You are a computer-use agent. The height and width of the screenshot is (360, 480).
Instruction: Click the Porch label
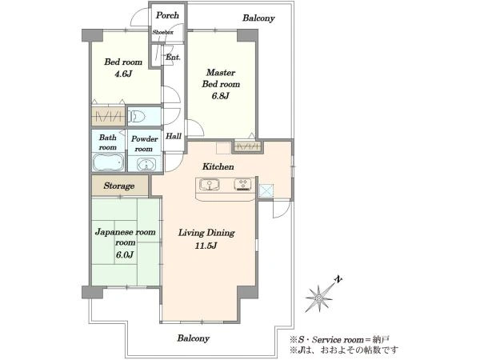click(x=167, y=15)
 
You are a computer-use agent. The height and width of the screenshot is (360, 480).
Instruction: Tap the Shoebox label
click(x=163, y=32)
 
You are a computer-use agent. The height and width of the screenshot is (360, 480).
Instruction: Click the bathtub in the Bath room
click(x=108, y=162)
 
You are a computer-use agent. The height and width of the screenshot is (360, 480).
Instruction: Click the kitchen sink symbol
click(x=210, y=185)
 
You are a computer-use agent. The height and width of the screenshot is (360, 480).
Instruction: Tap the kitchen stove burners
click(x=244, y=184)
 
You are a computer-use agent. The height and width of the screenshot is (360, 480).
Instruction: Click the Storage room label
click(x=119, y=186)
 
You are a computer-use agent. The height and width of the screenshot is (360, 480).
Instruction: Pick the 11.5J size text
click(x=206, y=246)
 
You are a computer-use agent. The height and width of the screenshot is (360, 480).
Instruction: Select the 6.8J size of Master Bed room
click(x=221, y=96)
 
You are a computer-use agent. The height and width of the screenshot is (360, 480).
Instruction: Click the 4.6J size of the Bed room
click(x=122, y=74)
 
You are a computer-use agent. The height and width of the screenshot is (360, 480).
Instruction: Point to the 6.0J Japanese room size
click(x=125, y=254)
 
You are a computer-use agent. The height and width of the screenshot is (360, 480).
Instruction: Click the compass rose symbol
click(x=319, y=298)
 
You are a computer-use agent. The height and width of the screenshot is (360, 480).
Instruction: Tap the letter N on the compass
click(x=338, y=279)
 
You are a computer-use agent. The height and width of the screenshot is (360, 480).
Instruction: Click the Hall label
click(x=174, y=136)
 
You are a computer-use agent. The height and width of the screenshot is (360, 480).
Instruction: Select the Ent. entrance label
click(x=174, y=58)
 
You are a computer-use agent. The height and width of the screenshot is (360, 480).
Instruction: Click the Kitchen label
click(x=218, y=167)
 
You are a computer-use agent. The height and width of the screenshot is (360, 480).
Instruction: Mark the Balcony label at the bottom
click(x=194, y=338)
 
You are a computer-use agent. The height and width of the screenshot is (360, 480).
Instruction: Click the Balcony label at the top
click(x=258, y=18)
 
